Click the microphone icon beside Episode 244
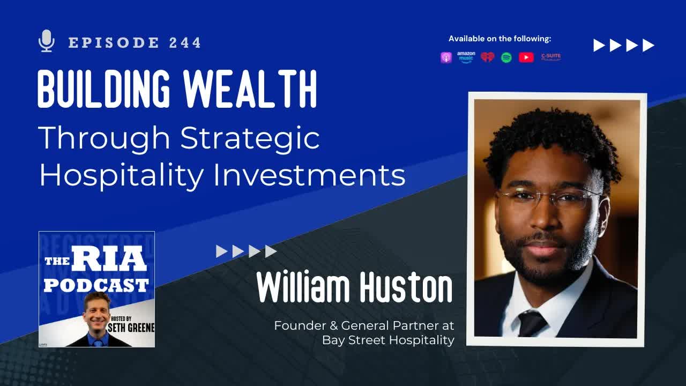(47, 41)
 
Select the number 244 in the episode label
(185, 43)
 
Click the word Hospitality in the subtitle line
(122, 175)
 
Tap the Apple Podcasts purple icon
(446, 57)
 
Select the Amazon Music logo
(466, 57)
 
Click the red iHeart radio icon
(487, 57)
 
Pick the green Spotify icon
(506, 57)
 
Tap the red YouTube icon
(526, 57)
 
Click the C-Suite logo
(550, 56)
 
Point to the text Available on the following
(499, 39)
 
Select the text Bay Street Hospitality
(388, 340)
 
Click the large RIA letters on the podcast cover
(109, 259)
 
